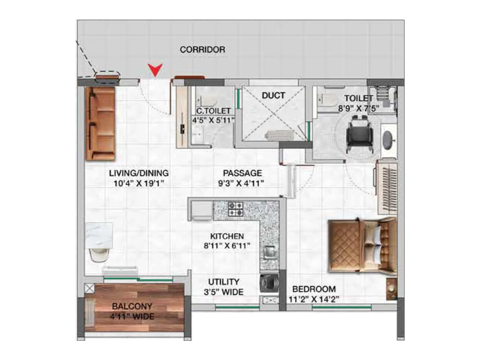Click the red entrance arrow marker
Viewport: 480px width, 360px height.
[x=155, y=70]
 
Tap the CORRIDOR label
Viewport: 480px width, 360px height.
[x=202, y=49]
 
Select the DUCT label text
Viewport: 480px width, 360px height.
[x=273, y=95]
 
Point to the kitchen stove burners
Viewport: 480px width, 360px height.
[x=235, y=209]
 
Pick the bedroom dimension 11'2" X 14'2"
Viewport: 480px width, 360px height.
[x=314, y=299]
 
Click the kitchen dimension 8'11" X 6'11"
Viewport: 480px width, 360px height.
[x=227, y=246]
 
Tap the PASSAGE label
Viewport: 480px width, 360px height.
[x=242, y=173]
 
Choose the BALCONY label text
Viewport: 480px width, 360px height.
[x=132, y=306]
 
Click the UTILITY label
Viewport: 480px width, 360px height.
[x=224, y=282]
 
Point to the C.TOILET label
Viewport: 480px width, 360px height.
[x=213, y=111]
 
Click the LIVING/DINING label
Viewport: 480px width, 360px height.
[x=139, y=173]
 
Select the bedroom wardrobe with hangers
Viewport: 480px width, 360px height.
[x=387, y=188]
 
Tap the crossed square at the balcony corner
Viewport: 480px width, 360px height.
[x=89, y=289]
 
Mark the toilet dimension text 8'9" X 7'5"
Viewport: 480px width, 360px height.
[x=358, y=108]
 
